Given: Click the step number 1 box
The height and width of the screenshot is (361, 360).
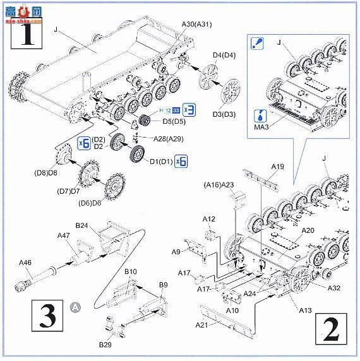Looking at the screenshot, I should pyautogui.click(x=25, y=35).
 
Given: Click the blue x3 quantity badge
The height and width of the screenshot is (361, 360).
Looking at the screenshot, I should pyautogui.click(x=188, y=107).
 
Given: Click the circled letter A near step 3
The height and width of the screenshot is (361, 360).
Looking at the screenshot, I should pyautogui.click(x=76, y=308).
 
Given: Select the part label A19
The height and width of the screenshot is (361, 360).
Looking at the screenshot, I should pyautogui.click(x=279, y=167).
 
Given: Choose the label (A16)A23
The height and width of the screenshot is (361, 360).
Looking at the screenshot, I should pyautogui.click(x=219, y=184).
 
